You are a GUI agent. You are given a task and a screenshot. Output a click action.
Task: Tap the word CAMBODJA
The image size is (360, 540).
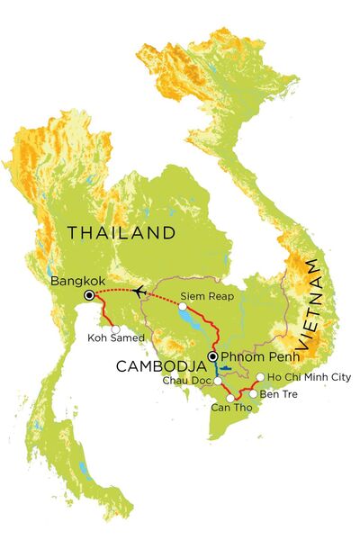point(157,366)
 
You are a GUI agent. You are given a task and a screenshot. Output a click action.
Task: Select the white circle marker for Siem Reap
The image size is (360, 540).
point(184,307)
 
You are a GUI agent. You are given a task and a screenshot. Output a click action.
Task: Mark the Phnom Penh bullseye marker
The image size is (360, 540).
point(212,357)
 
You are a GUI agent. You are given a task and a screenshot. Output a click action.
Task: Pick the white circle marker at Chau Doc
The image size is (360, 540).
point(218,381)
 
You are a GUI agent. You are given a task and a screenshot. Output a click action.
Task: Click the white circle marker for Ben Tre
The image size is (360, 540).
point(252,393)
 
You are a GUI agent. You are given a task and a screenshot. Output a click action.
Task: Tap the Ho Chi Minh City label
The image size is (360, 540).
point(304,378)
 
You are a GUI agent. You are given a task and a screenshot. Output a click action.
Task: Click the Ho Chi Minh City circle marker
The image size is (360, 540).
point(260,377)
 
